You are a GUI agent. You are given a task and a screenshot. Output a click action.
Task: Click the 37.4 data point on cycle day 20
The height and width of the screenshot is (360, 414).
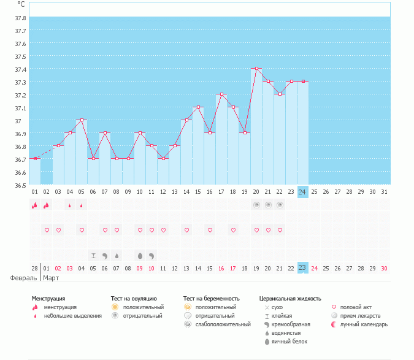(256, 69)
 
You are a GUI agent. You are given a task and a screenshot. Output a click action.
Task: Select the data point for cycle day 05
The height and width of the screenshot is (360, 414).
(82, 120)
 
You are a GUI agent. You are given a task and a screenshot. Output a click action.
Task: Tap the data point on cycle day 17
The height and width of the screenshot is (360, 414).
(221, 94)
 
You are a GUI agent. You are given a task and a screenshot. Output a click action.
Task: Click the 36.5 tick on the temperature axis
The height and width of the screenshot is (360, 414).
(20, 185)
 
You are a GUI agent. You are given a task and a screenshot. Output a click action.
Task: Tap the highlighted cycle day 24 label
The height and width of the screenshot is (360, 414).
(302, 191)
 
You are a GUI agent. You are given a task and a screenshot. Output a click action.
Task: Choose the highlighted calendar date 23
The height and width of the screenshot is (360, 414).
(302, 268)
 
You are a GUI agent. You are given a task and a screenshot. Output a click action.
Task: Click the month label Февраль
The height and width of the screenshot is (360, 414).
(24, 278)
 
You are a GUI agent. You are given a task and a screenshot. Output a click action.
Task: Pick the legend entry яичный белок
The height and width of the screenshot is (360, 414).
(289, 341)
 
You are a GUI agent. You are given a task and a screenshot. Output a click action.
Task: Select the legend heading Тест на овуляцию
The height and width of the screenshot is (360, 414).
(134, 298)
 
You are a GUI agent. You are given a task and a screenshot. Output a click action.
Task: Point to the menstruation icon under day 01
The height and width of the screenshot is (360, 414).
(35, 205)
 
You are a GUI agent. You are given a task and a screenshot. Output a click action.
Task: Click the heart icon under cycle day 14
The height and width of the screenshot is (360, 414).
(186, 230)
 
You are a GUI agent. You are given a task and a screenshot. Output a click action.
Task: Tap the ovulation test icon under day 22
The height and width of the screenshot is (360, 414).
(280, 205)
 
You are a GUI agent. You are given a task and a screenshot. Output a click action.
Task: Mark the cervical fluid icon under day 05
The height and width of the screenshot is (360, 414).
(94, 255)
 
